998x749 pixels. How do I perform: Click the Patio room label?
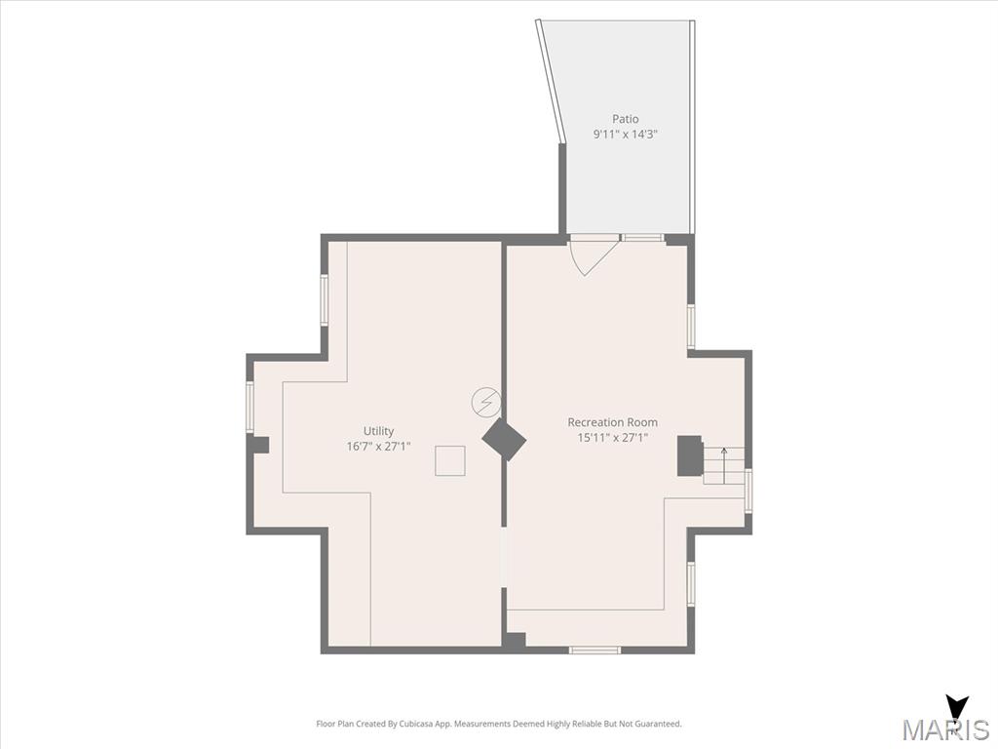coord(625,118)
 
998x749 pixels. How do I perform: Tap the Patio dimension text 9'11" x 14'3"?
coord(625,135)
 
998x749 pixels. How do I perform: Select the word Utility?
coord(379,431)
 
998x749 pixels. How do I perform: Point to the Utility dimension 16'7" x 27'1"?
coord(379,447)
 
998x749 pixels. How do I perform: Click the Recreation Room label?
coord(612,422)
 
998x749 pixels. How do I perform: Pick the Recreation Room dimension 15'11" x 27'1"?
coord(612,438)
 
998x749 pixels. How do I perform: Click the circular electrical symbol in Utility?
coord(485,403)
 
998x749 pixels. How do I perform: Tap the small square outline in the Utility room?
coord(450,461)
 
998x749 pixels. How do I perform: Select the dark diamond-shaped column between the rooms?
coord(504,440)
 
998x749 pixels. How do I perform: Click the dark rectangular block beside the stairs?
coord(689,455)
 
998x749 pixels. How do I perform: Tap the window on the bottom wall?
coord(595,650)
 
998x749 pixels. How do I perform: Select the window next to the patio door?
coord(643,238)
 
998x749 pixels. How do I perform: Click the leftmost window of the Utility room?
coord(250,407)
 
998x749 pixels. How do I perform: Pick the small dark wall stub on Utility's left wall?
coord(261,445)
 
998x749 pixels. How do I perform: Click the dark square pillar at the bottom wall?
coord(516,642)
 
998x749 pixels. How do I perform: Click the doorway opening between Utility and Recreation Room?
coord(504,557)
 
